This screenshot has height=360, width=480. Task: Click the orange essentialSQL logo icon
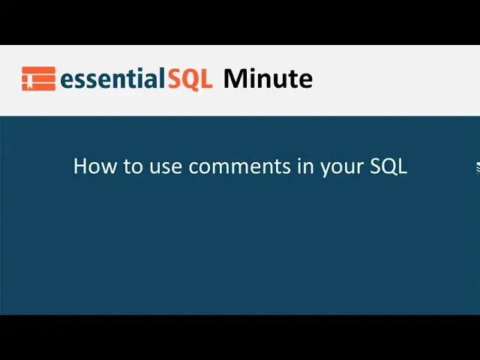(x=38, y=79)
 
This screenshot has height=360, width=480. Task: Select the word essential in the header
(x=112, y=79)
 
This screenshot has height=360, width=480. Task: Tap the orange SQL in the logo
(x=189, y=79)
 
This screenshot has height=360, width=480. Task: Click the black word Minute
(x=268, y=78)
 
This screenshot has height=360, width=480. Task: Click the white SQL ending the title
(x=388, y=166)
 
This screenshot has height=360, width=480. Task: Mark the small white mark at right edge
(x=477, y=166)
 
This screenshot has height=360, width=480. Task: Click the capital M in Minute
(x=234, y=78)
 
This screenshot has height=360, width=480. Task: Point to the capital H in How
(x=80, y=166)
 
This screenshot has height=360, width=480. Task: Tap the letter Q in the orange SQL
(x=190, y=79)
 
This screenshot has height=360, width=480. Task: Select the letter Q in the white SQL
(x=388, y=166)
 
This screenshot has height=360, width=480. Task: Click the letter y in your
(x=325, y=169)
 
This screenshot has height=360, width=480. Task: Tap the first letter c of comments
(x=193, y=167)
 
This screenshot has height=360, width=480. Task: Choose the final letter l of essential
(x=162, y=78)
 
